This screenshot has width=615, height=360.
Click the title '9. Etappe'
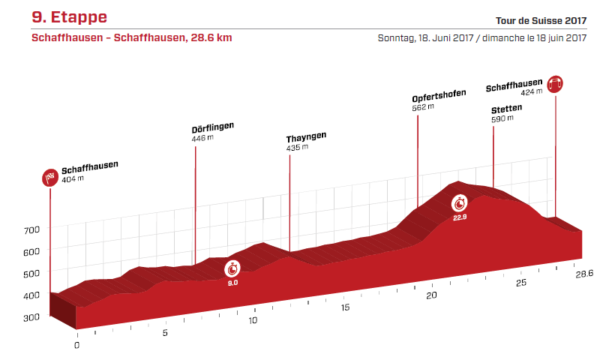[69, 17]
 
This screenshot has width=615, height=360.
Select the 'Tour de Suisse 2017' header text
[541, 20]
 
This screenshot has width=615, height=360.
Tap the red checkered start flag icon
[49, 178]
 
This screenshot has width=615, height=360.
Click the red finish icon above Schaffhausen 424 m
[556, 84]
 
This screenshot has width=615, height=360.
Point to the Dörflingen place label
[213, 127]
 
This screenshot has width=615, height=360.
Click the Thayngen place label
[306, 138]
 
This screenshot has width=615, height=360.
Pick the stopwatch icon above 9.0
[233, 268]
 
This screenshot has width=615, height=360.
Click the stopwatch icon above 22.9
[460, 203]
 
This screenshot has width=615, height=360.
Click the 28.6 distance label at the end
[584, 275]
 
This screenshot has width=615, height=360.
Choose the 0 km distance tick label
[76, 346]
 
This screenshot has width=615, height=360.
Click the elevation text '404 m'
[73, 178]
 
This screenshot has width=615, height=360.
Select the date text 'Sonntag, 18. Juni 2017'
[424, 38]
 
